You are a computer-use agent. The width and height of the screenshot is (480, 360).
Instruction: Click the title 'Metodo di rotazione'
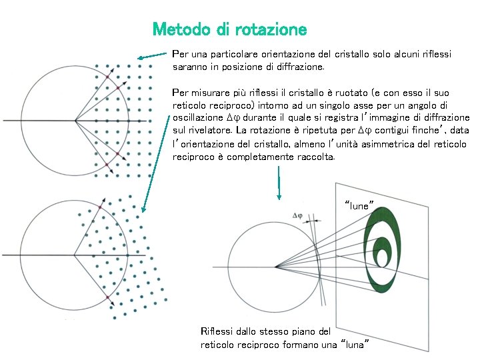pos(229,30)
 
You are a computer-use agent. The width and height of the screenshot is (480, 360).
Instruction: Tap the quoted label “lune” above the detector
pos(359,205)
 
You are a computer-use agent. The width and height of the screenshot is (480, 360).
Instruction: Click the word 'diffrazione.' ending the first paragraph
pos(298,67)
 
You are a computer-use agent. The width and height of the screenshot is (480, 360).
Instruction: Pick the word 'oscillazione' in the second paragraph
pos(197,117)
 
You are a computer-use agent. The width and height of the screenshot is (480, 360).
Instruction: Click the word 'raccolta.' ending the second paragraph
pos(313,157)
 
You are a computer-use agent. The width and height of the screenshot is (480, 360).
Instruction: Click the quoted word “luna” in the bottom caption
pos(355,344)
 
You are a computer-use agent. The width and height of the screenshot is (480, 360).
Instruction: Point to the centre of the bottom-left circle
pos(74,255)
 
